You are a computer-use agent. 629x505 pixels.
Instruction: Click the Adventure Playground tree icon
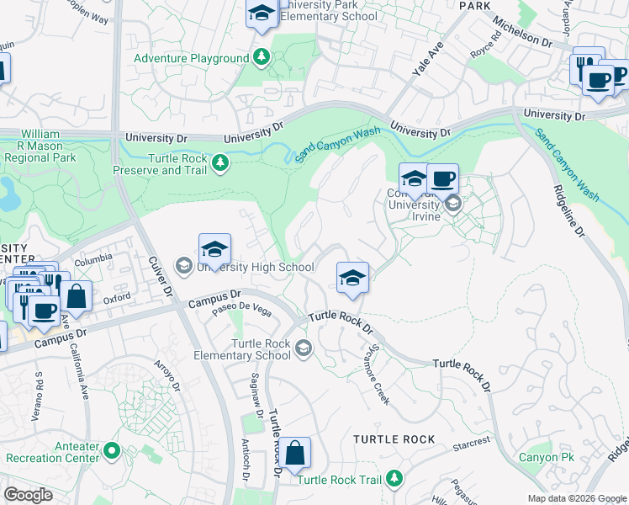262,58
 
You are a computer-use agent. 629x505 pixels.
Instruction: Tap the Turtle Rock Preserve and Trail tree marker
220,162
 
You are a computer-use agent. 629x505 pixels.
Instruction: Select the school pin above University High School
215,250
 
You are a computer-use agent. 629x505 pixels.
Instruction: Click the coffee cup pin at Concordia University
442,179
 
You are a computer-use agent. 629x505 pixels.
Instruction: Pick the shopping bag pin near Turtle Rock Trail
295,454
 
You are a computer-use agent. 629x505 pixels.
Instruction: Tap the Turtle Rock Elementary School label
262,349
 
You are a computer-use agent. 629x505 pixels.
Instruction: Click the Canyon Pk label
546,458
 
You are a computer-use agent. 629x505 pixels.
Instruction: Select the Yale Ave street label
428,61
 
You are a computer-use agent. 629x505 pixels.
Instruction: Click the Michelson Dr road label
521,33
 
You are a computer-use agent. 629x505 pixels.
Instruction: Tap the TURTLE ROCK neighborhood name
394,439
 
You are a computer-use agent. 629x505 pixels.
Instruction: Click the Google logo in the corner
28,495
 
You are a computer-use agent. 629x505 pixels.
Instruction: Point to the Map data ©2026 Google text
577,498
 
